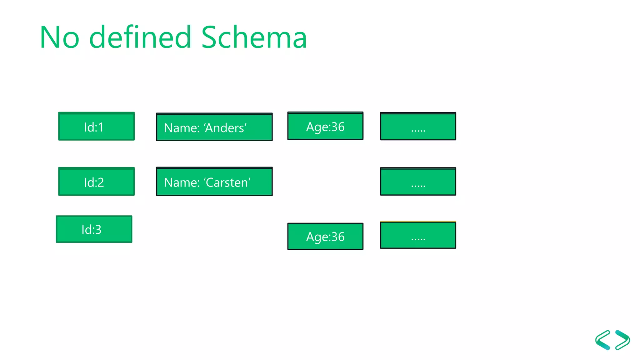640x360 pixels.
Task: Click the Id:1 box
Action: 96,126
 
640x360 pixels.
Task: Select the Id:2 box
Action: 96,182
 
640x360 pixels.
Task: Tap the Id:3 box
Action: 94,229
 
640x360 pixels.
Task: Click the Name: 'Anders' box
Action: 214,127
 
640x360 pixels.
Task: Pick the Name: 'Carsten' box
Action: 214,182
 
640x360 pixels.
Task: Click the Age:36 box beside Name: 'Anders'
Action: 325,126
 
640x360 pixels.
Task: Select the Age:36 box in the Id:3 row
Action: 325,236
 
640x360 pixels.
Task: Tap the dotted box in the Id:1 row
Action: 418,126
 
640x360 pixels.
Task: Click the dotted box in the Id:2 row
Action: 418,182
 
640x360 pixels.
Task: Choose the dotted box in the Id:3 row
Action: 418,235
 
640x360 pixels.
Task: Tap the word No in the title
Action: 60,38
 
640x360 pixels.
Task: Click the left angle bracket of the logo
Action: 603,340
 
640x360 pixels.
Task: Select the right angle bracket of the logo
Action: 623,340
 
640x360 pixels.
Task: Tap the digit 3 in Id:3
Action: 98,230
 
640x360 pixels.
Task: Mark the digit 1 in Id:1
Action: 101,127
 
